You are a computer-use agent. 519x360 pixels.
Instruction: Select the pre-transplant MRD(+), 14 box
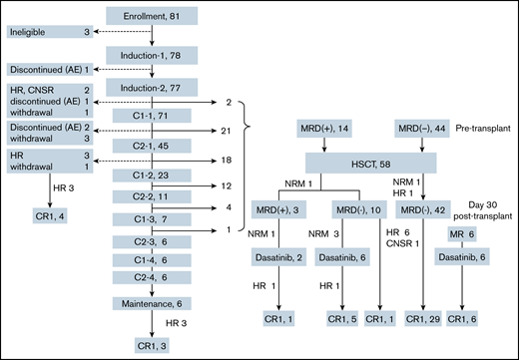322,130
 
